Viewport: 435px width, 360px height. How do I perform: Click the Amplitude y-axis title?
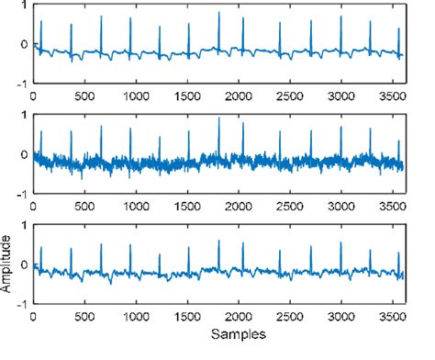point(8,266)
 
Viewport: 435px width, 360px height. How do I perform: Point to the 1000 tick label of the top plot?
point(135,96)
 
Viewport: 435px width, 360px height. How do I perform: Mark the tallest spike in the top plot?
point(218,13)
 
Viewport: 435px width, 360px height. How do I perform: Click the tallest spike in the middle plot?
point(218,120)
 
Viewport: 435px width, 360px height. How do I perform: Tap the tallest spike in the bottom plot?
point(218,241)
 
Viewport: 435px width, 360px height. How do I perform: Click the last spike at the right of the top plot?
point(398,29)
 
